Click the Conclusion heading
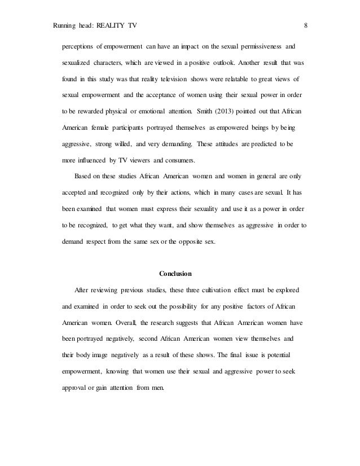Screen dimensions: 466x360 pyautogui.click(x=175, y=275)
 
